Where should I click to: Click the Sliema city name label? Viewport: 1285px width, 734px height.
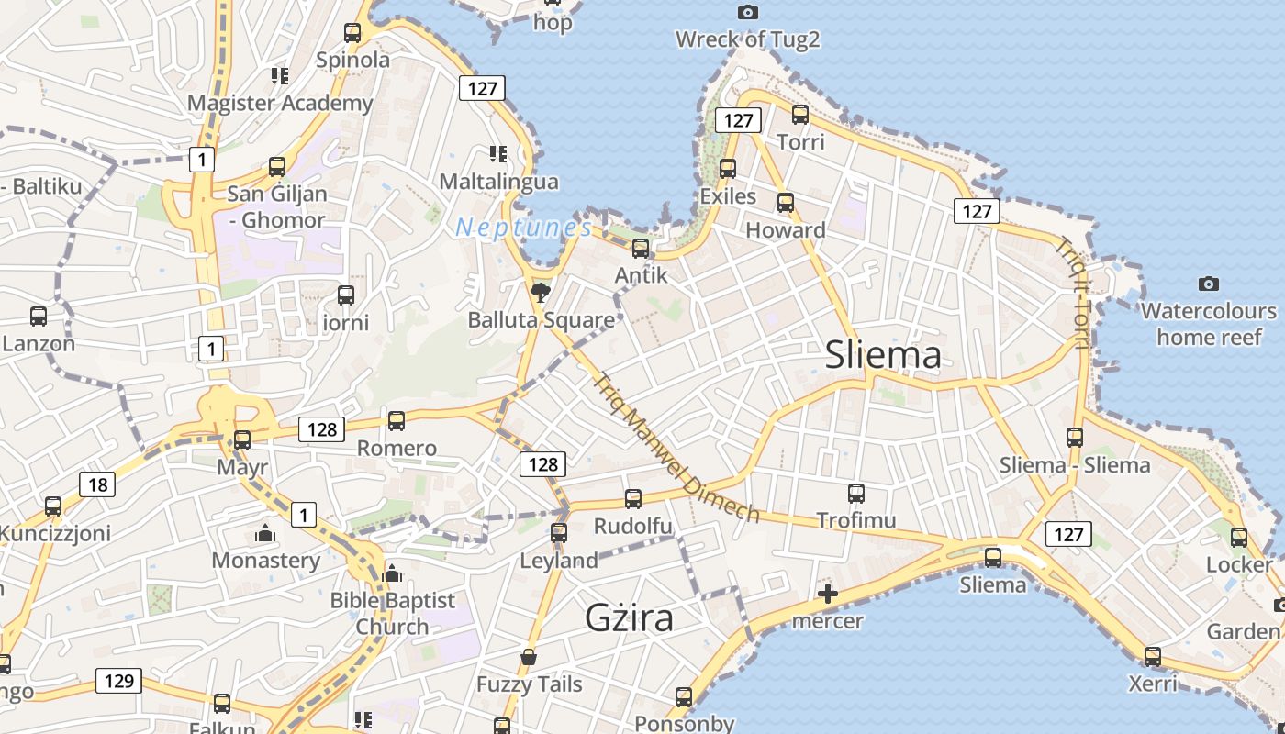click(883, 355)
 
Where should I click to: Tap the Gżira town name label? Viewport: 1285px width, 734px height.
click(630, 617)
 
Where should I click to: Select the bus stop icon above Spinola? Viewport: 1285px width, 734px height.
click(352, 33)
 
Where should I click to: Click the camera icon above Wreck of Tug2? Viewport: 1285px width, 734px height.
click(748, 12)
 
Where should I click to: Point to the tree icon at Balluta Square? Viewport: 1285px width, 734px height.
click(541, 293)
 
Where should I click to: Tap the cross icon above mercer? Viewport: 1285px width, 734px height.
click(827, 594)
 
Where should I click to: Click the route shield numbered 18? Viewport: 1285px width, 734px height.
click(97, 484)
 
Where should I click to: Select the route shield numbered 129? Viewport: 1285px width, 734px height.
click(118, 681)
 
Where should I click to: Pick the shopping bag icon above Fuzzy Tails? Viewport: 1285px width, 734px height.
click(529, 657)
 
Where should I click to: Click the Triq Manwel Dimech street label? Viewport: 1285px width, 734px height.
click(677, 447)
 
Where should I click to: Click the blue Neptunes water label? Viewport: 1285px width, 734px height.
click(523, 227)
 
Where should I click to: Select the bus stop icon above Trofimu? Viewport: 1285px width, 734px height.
click(856, 494)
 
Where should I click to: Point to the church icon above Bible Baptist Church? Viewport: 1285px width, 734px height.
click(393, 573)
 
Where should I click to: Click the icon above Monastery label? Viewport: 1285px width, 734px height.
click(265, 533)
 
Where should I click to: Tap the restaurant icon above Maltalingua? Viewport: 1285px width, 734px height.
click(498, 153)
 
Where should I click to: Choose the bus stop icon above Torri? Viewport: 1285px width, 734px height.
click(800, 115)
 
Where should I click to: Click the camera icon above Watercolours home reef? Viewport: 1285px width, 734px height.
click(1209, 284)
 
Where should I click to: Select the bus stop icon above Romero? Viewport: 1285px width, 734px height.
click(397, 421)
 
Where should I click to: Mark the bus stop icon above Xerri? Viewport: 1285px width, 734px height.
click(1153, 657)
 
